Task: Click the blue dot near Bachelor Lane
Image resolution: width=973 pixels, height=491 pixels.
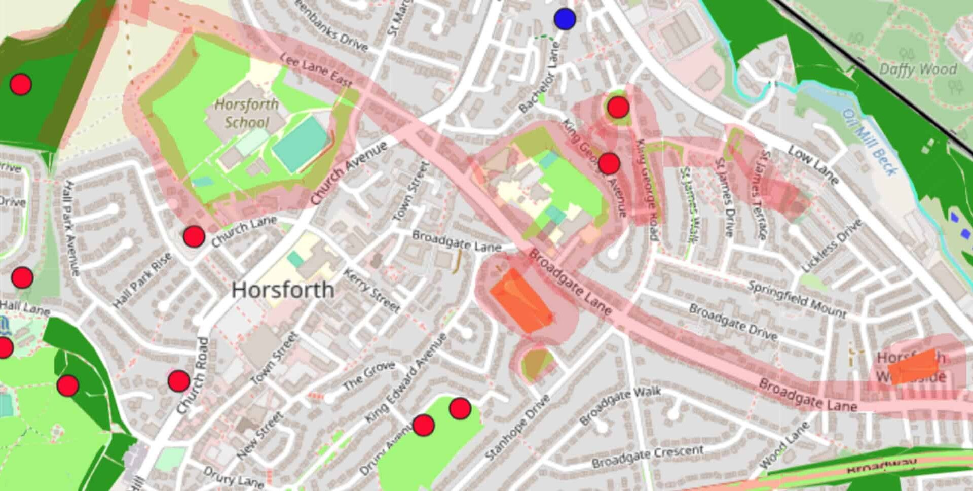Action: coord(565,19)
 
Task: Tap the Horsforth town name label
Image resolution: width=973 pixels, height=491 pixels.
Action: coord(283,290)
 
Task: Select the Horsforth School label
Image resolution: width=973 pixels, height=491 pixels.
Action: coord(247,113)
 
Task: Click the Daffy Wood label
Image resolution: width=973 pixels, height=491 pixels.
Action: coord(918,69)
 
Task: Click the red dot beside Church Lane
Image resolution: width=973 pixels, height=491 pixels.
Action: coord(194,236)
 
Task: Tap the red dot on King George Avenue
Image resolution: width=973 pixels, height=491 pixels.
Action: coord(609,163)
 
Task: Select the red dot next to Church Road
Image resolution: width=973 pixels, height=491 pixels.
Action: coord(178,381)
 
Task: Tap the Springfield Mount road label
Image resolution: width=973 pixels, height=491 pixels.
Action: coord(797,299)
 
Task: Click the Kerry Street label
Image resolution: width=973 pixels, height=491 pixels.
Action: coord(371,290)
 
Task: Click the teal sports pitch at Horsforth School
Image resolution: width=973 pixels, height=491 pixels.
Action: coord(300,139)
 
